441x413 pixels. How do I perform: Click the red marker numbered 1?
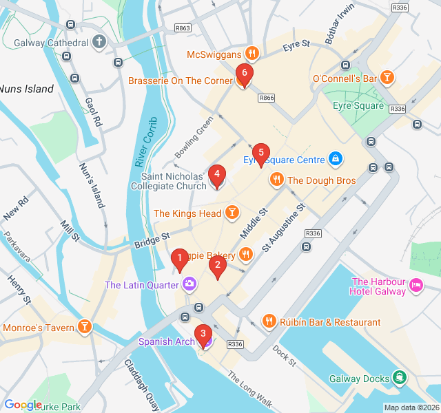click(179, 260)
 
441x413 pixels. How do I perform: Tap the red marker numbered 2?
click(218, 264)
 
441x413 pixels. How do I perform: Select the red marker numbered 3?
click(203, 333)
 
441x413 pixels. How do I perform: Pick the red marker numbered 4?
click(216, 175)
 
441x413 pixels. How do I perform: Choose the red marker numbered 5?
click(260, 153)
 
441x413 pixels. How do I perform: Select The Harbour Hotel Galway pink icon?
click(416, 284)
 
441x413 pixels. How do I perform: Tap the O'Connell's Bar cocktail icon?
click(387, 78)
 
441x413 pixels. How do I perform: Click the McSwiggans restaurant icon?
click(252, 54)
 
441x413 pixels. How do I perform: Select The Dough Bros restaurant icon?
click(276, 180)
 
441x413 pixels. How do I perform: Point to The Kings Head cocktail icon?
click(232, 213)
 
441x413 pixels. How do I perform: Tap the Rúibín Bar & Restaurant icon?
click(269, 321)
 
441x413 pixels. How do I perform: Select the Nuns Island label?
click(26, 89)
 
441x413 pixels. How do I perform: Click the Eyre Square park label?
click(358, 106)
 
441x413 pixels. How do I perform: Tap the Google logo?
click(23, 405)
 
